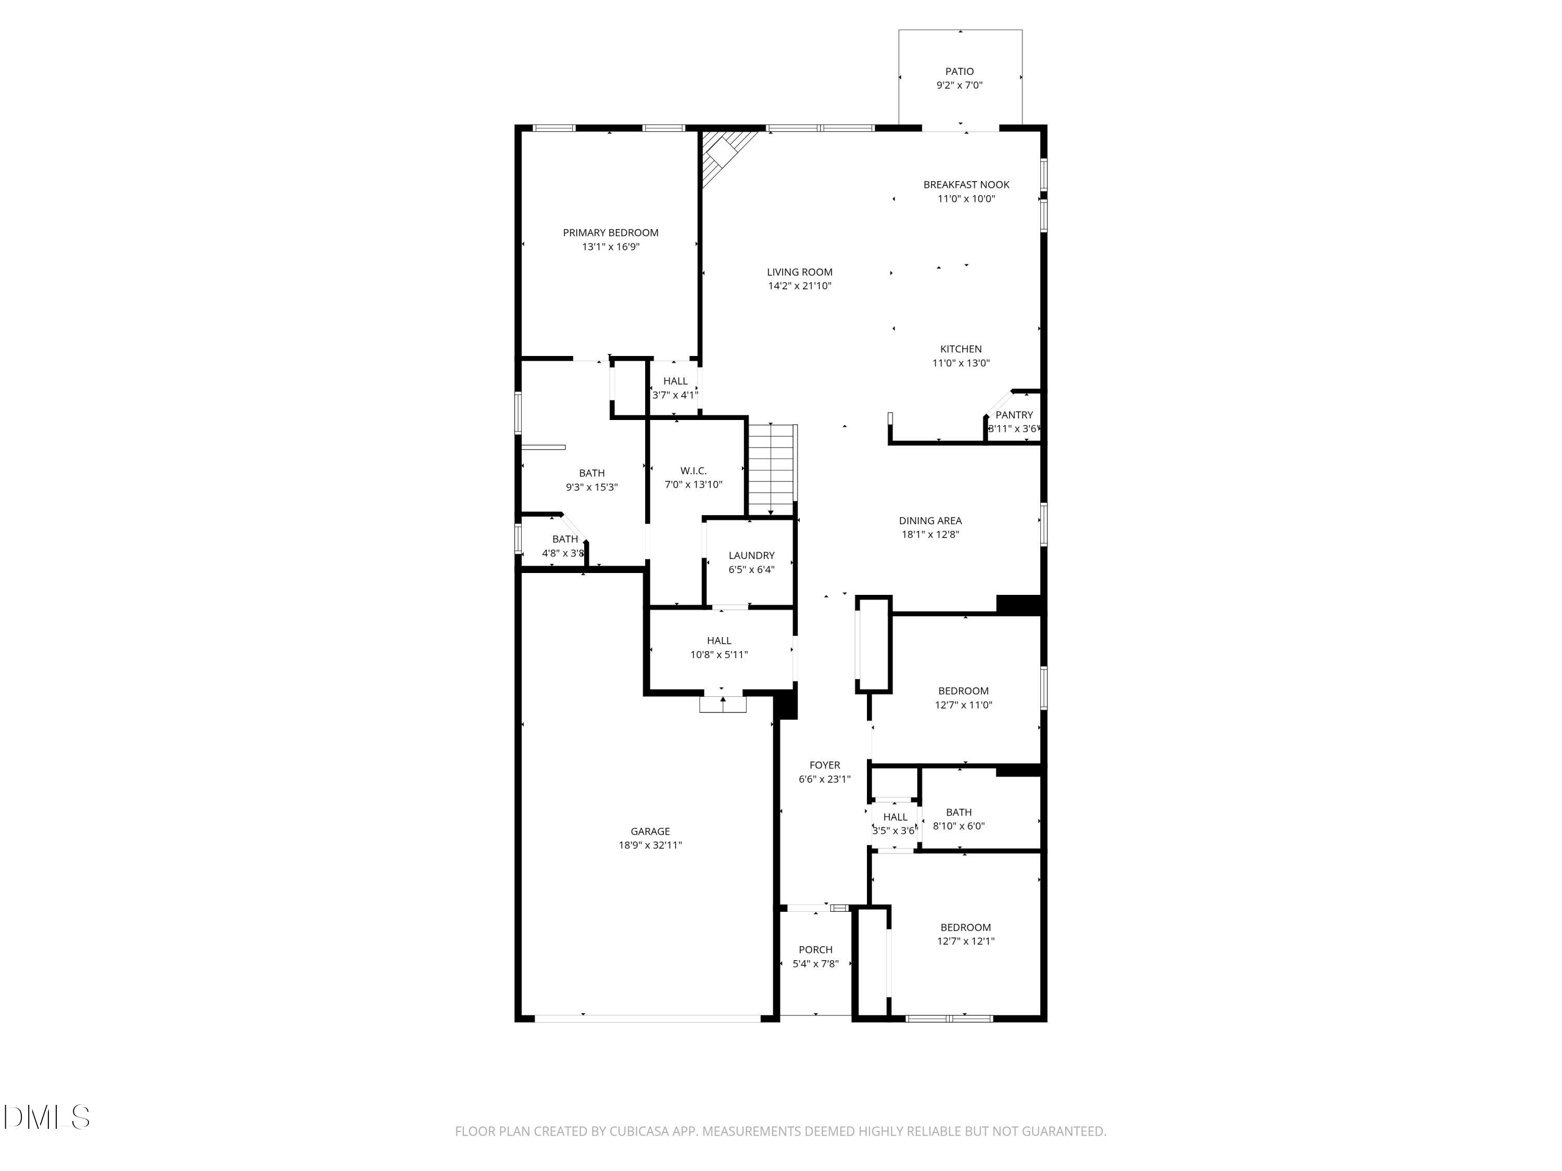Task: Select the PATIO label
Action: (x=959, y=71)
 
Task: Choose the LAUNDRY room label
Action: (x=751, y=555)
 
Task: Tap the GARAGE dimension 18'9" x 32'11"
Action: (x=650, y=845)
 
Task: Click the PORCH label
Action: (x=815, y=949)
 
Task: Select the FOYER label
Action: (x=824, y=765)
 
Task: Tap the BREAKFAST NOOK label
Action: (x=966, y=185)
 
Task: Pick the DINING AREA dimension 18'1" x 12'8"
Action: (x=930, y=534)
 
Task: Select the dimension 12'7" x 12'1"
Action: (x=965, y=941)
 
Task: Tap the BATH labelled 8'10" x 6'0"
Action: (x=958, y=812)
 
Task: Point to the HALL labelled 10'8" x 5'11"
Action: (x=719, y=641)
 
